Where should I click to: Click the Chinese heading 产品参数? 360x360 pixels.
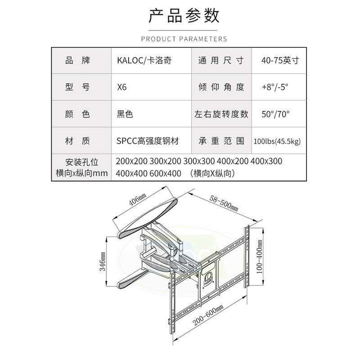(184, 16)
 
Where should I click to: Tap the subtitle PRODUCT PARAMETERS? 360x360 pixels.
(184, 39)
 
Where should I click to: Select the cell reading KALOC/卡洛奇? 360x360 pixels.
(144, 60)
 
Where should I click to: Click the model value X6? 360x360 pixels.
(121, 87)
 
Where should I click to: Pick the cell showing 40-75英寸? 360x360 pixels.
(280, 60)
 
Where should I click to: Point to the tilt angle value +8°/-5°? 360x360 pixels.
(275, 87)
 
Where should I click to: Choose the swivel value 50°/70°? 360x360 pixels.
(275, 114)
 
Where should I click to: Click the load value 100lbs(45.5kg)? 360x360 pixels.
(277, 141)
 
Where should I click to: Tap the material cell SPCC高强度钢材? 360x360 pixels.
(148, 141)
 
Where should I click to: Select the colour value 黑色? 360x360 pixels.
(125, 114)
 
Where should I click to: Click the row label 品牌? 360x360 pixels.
(77, 60)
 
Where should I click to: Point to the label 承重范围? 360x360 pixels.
(221, 141)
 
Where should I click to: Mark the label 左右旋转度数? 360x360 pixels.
(221, 114)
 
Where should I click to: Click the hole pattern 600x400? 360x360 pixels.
(165, 173)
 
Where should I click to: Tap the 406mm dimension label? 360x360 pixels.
(137, 200)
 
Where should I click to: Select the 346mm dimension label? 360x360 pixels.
(102, 261)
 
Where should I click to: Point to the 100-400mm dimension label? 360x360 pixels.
(259, 256)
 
